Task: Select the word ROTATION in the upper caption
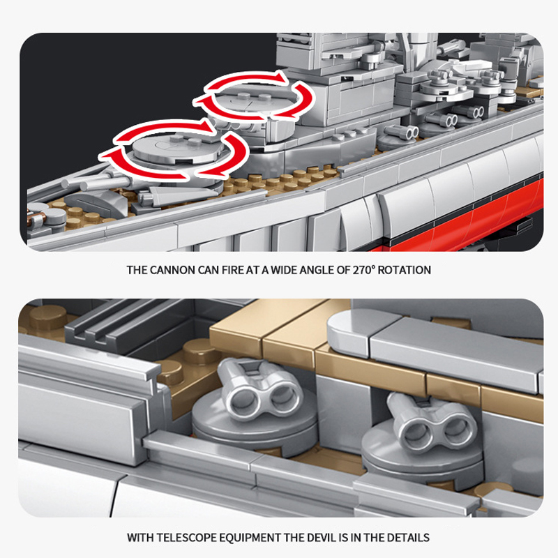click(x=405, y=270)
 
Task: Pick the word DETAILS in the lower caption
click(x=408, y=537)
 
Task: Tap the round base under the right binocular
click(x=423, y=454)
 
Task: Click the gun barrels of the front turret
click(x=96, y=182)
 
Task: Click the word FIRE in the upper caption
click(x=233, y=270)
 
